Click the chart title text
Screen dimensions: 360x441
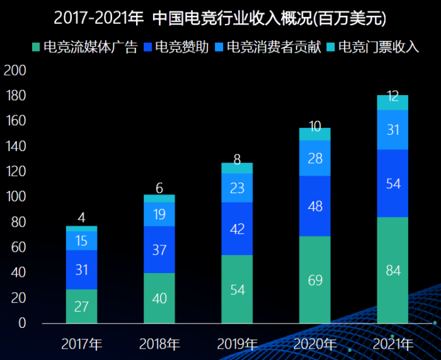click(220, 18)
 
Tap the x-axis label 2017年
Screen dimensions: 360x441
click(82, 344)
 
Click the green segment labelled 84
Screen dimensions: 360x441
click(393, 270)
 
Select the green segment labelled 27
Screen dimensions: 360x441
click(82, 306)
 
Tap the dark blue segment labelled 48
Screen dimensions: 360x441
click(315, 206)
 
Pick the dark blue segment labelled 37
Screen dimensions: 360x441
click(159, 249)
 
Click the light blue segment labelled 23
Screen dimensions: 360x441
click(238, 188)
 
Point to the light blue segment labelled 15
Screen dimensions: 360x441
click(82, 240)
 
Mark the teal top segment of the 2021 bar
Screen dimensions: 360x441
click(393, 103)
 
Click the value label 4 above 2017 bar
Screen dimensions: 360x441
click(82, 218)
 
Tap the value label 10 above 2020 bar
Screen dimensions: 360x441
click(315, 126)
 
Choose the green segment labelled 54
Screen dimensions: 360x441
click(238, 289)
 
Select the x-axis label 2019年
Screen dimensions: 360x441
click(238, 344)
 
